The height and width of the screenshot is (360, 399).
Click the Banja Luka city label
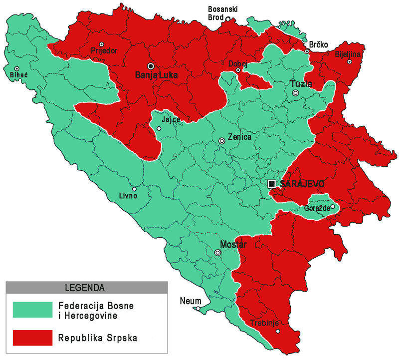coord(157,76)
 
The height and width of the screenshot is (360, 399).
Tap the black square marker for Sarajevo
coord(272,184)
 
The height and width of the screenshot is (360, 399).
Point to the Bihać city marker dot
coord(17,69)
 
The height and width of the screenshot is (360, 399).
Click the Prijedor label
coord(102,50)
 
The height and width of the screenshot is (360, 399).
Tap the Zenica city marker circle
coord(222,141)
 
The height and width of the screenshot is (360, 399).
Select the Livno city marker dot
coord(134,189)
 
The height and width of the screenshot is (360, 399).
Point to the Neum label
coord(192,301)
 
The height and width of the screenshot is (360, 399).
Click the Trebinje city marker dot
coord(278,331)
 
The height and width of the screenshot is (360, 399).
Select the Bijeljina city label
coord(349,53)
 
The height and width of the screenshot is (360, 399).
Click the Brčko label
coord(318,45)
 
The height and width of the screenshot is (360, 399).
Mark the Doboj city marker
coord(238,70)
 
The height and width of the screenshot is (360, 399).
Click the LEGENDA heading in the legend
coord(85,288)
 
